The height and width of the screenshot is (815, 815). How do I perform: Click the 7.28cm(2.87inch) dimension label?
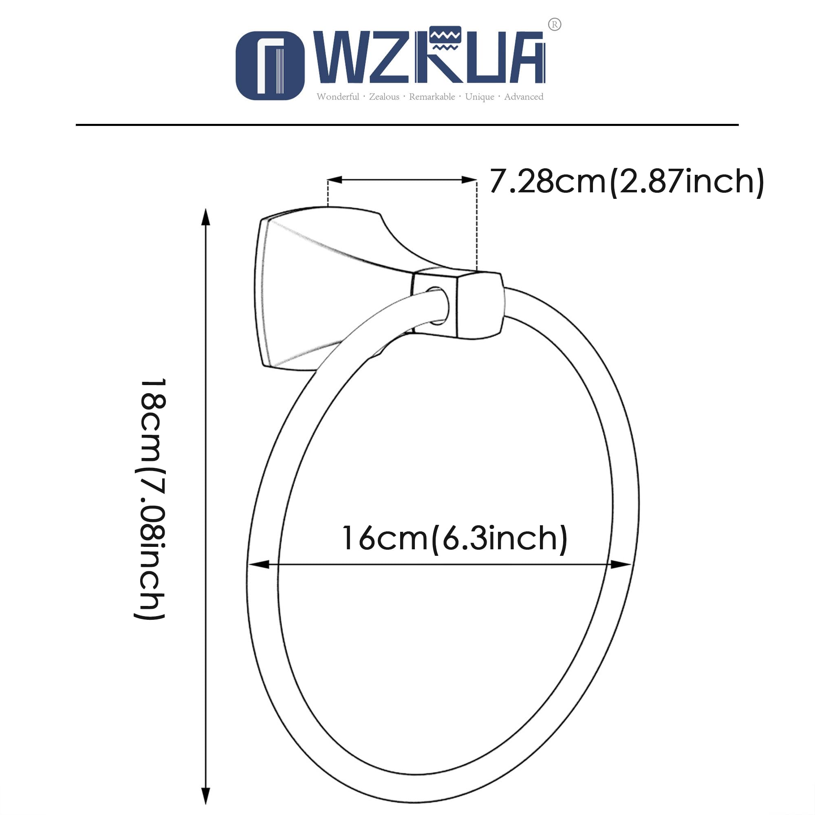627,181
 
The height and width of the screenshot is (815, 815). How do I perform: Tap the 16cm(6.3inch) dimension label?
454,539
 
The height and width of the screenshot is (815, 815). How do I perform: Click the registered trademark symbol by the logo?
554,24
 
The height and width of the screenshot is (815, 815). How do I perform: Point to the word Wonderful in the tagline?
338,97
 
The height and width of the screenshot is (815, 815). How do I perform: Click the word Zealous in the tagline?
384,97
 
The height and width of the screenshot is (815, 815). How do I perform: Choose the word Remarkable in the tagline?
432,97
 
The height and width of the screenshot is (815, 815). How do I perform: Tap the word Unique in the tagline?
480,97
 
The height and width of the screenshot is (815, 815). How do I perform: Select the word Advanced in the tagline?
524,97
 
